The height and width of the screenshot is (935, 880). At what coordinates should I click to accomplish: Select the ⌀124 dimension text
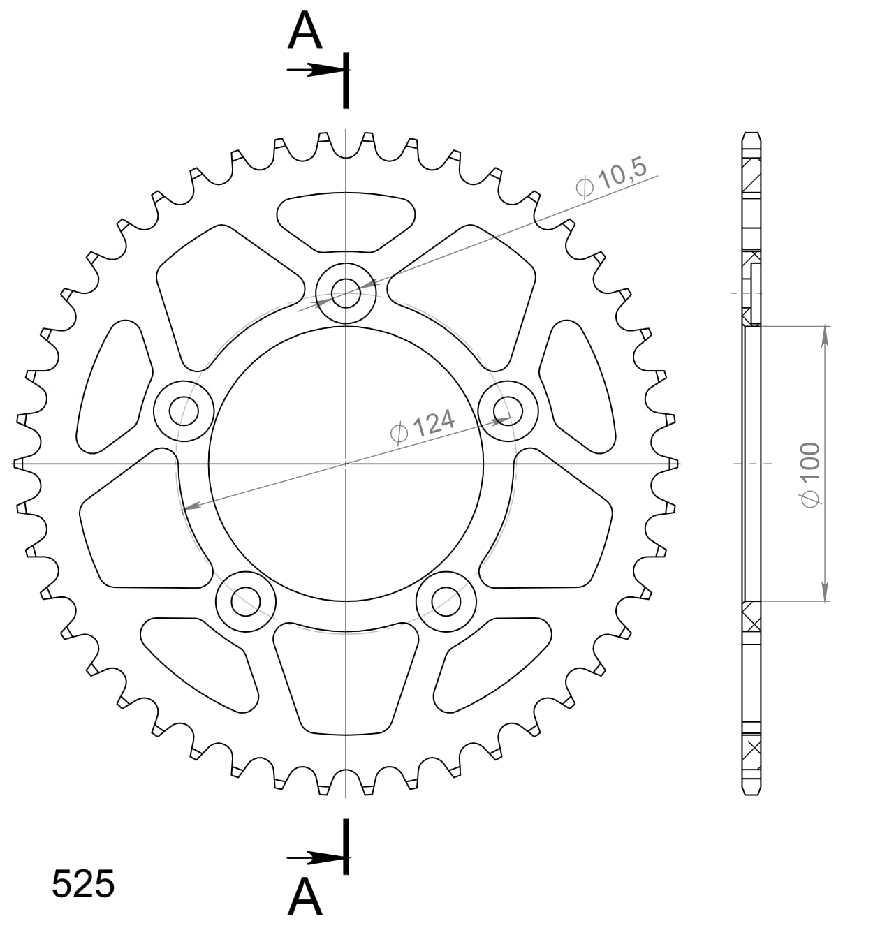pos(423,426)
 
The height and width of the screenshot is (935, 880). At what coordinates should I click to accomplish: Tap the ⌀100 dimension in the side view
pos(810,475)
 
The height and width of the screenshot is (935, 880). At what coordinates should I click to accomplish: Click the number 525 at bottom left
pos(83,885)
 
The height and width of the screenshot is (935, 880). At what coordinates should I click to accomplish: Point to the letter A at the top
pos(305,31)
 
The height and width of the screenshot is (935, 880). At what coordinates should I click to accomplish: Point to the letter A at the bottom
pos(305,897)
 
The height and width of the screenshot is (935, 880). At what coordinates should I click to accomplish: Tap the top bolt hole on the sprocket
pos(346,292)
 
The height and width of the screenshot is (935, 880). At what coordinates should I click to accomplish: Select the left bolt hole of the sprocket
pos(184,410)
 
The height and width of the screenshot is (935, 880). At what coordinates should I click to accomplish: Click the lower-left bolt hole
pos(246,601)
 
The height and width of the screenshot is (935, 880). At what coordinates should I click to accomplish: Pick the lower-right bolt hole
pos(446,601)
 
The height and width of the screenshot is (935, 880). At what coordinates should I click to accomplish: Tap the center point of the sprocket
pos(346,463)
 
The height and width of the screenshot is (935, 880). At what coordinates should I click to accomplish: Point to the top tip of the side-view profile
pos(751,134)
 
